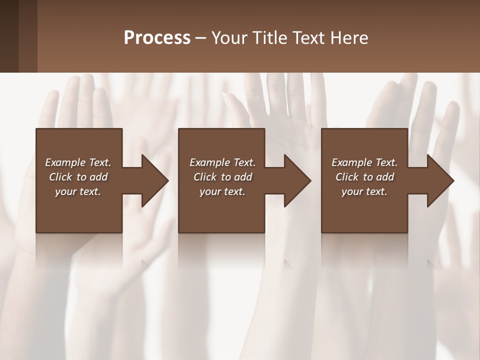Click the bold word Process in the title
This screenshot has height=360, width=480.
click(x=157, y=37)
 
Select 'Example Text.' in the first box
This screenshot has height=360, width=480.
click(x=78, y=162)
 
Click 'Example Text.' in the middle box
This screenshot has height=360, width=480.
click(x=222, y=162)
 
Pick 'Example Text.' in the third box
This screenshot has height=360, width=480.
click(x=364, y=162)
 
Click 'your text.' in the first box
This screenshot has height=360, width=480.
click(x=78, y=191)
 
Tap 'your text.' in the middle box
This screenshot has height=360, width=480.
click(x=222, y=191)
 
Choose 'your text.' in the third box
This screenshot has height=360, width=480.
click(x=364, y=191)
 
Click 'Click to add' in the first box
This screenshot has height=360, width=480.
click(x=78, y=177)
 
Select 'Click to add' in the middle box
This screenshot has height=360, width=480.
click(x=222, y=177)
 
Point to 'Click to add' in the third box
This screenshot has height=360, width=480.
click(x=364, y=177)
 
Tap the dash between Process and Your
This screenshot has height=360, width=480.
click(x=201, y=38)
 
